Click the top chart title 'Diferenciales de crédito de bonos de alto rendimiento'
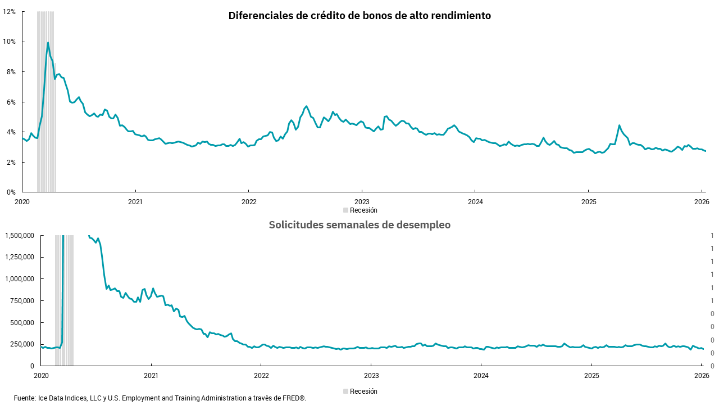[x=359, y=16]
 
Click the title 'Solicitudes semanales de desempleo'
[x=359, y=225]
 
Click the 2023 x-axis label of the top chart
[x=362, y=201]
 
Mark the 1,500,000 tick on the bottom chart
[x=20, y=235]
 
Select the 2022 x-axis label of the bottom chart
[x=261, y=375]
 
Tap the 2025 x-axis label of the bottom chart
[x=591, y=375]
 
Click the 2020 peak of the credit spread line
[x=48, y=43]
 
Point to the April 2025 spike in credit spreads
[x=619, y=125]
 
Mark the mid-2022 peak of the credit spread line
[x=306, y=106]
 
